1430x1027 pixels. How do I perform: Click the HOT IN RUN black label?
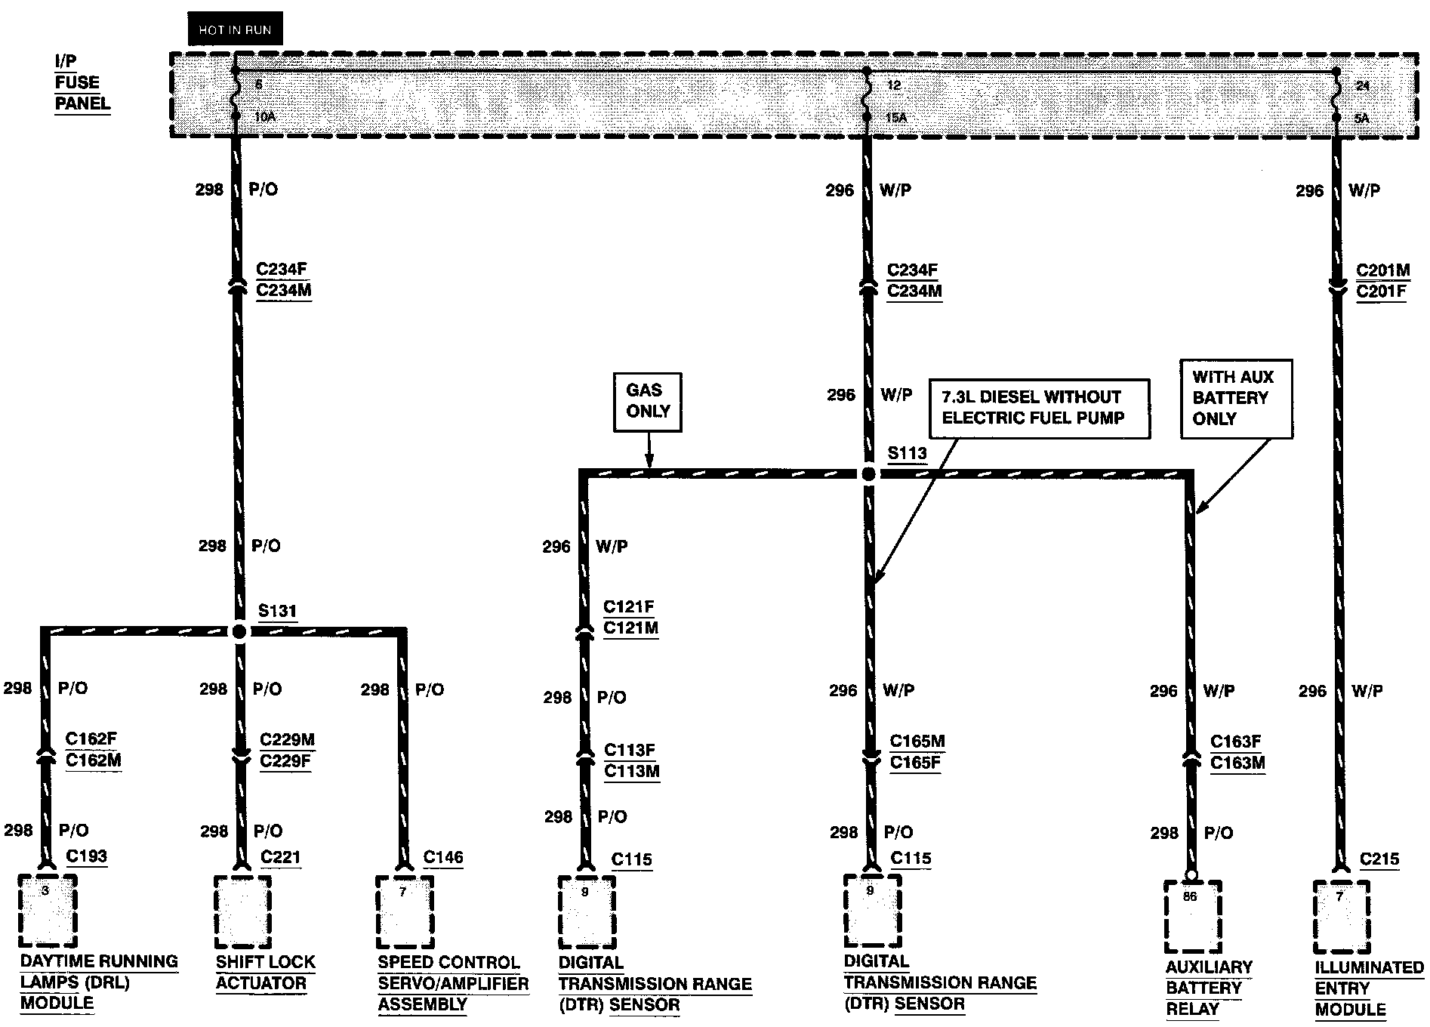(235, 29)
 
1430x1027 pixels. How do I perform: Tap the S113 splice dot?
(868, 474)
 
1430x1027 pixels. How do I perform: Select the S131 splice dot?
(239, 631)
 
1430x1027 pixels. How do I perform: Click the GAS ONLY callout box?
(648, 402)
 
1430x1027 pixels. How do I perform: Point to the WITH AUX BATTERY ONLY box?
(1236, 398)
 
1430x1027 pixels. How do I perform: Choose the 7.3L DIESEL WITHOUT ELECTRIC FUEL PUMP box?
(1039, 408)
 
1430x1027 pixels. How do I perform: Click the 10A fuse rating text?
(264, 117)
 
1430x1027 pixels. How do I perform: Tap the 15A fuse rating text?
(896, 118)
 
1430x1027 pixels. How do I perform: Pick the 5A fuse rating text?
(1362, 119)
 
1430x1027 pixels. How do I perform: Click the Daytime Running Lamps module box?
(48, 911)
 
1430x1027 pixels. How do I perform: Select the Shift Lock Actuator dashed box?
(242, 911)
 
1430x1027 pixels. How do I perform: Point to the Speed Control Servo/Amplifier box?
(405, 911)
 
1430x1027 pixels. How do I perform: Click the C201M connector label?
(1383, 270)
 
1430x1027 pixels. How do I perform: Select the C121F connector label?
(629, 607)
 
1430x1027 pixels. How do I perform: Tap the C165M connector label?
(917, 742)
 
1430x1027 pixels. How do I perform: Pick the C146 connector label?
(443, 857)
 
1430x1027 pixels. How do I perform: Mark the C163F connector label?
(1237, 742)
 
